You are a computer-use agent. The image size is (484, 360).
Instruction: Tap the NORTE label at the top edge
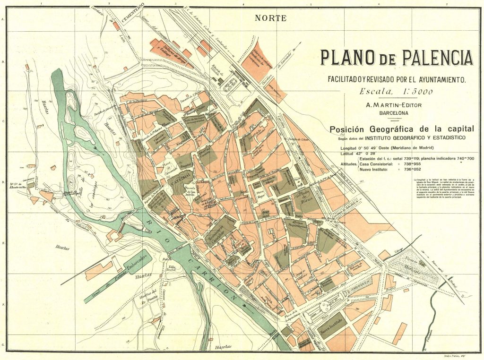tap(270, 18)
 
